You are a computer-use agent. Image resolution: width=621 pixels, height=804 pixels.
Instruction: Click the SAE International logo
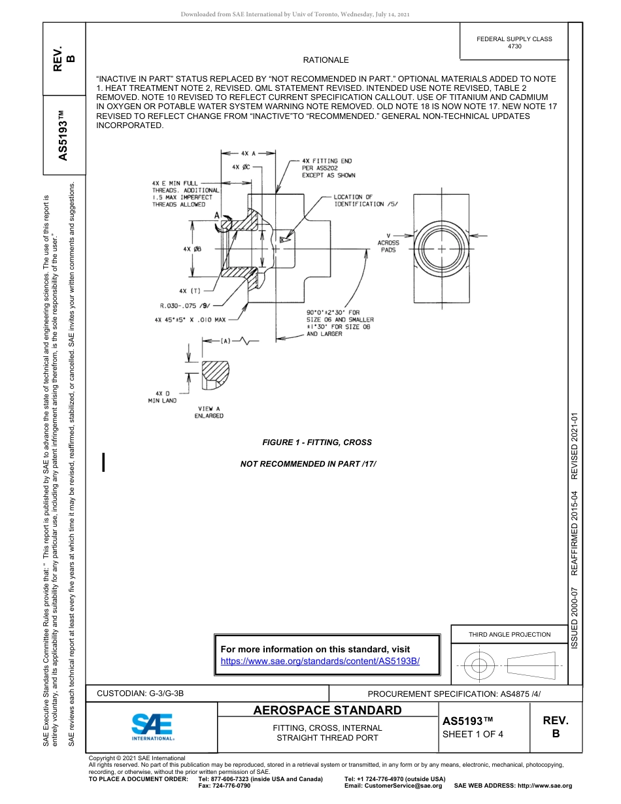152,726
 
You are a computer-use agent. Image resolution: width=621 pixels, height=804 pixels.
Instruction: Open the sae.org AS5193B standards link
320,661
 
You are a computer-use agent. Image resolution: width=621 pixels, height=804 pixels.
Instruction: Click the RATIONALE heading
326,60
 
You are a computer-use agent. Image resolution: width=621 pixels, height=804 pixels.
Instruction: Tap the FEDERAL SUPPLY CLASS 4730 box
514,42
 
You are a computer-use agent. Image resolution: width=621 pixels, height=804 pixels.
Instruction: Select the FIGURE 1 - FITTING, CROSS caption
317,443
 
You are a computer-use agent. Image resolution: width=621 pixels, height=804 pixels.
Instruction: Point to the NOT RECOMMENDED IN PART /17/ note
309,463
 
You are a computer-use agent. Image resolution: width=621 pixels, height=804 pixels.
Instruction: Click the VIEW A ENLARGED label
209,412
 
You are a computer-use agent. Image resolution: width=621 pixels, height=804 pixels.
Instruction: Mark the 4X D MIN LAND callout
161,397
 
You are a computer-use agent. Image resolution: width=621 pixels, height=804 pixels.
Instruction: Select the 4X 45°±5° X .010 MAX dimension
190,320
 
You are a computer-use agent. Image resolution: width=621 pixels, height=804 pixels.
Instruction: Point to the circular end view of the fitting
441,249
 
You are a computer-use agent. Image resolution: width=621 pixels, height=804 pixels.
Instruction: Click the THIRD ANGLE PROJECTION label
509,634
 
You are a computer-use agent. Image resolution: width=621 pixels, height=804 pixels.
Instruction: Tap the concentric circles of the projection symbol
479,666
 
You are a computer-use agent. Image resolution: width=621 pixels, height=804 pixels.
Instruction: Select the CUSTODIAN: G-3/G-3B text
145,693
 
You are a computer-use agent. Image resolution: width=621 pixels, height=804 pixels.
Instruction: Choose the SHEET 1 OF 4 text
473,733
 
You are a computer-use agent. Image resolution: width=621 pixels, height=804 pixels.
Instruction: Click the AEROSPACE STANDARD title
327,711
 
